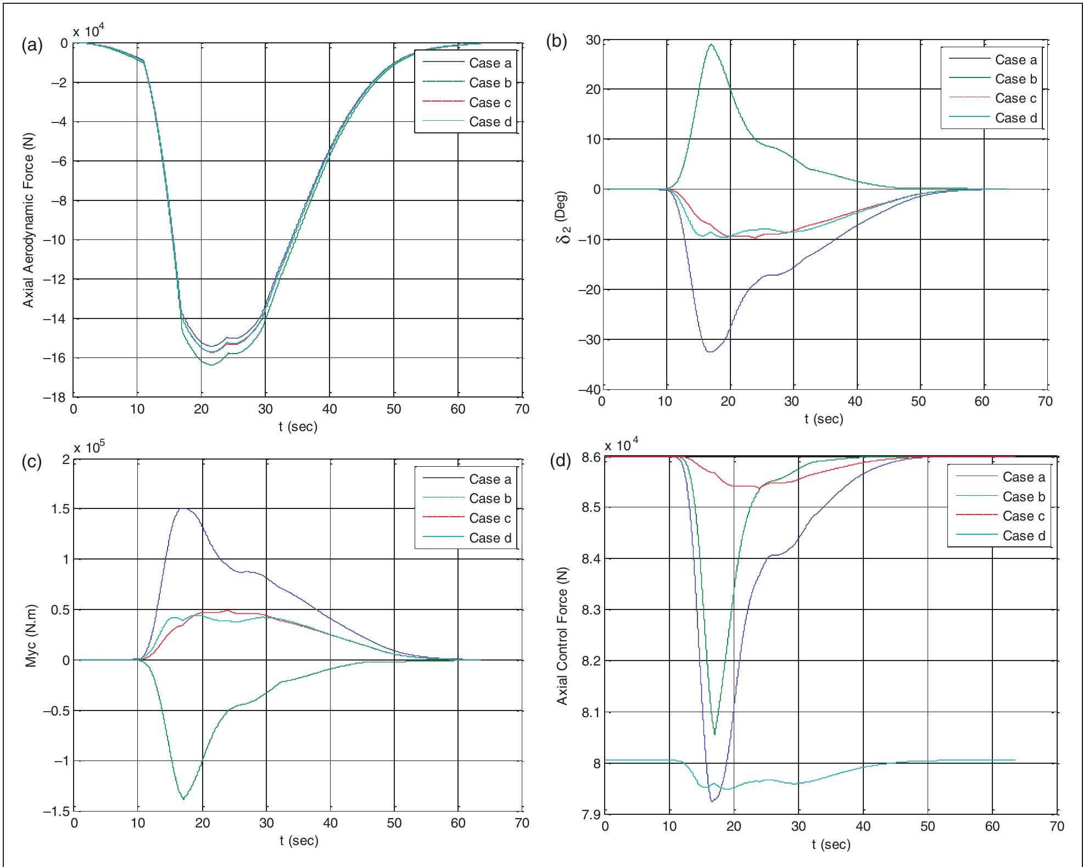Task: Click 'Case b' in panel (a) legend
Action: tap(490, 83)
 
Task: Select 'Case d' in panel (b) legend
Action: tap(1015, 118)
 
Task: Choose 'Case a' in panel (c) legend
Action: tap(490, 479)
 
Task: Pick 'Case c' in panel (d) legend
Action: tap(1023, 516)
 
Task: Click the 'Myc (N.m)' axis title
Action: tap(31, 635)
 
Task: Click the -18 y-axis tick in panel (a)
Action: tap(55, 398)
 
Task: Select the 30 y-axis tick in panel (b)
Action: tap(592, 40)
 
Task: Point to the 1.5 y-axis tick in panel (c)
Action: tap(60, 509)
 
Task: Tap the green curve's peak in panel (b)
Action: tap(712, 44)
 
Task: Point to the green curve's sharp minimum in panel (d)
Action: tap(714, 734)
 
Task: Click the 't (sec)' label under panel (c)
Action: tap(298, 841)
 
